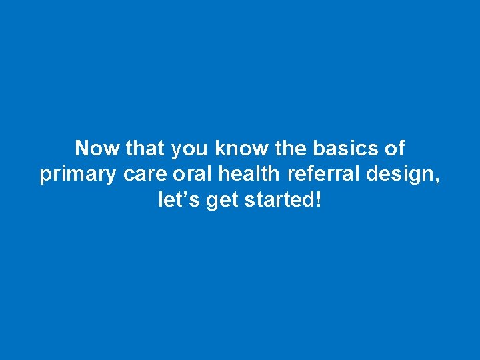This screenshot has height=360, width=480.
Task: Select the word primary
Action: click(x=79, y=175)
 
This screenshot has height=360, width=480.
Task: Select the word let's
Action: click(x=180, y=200)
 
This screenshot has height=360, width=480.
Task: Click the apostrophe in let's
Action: click(x=187, y=194)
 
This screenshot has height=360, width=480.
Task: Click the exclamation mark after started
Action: click(x=317, y=199)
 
